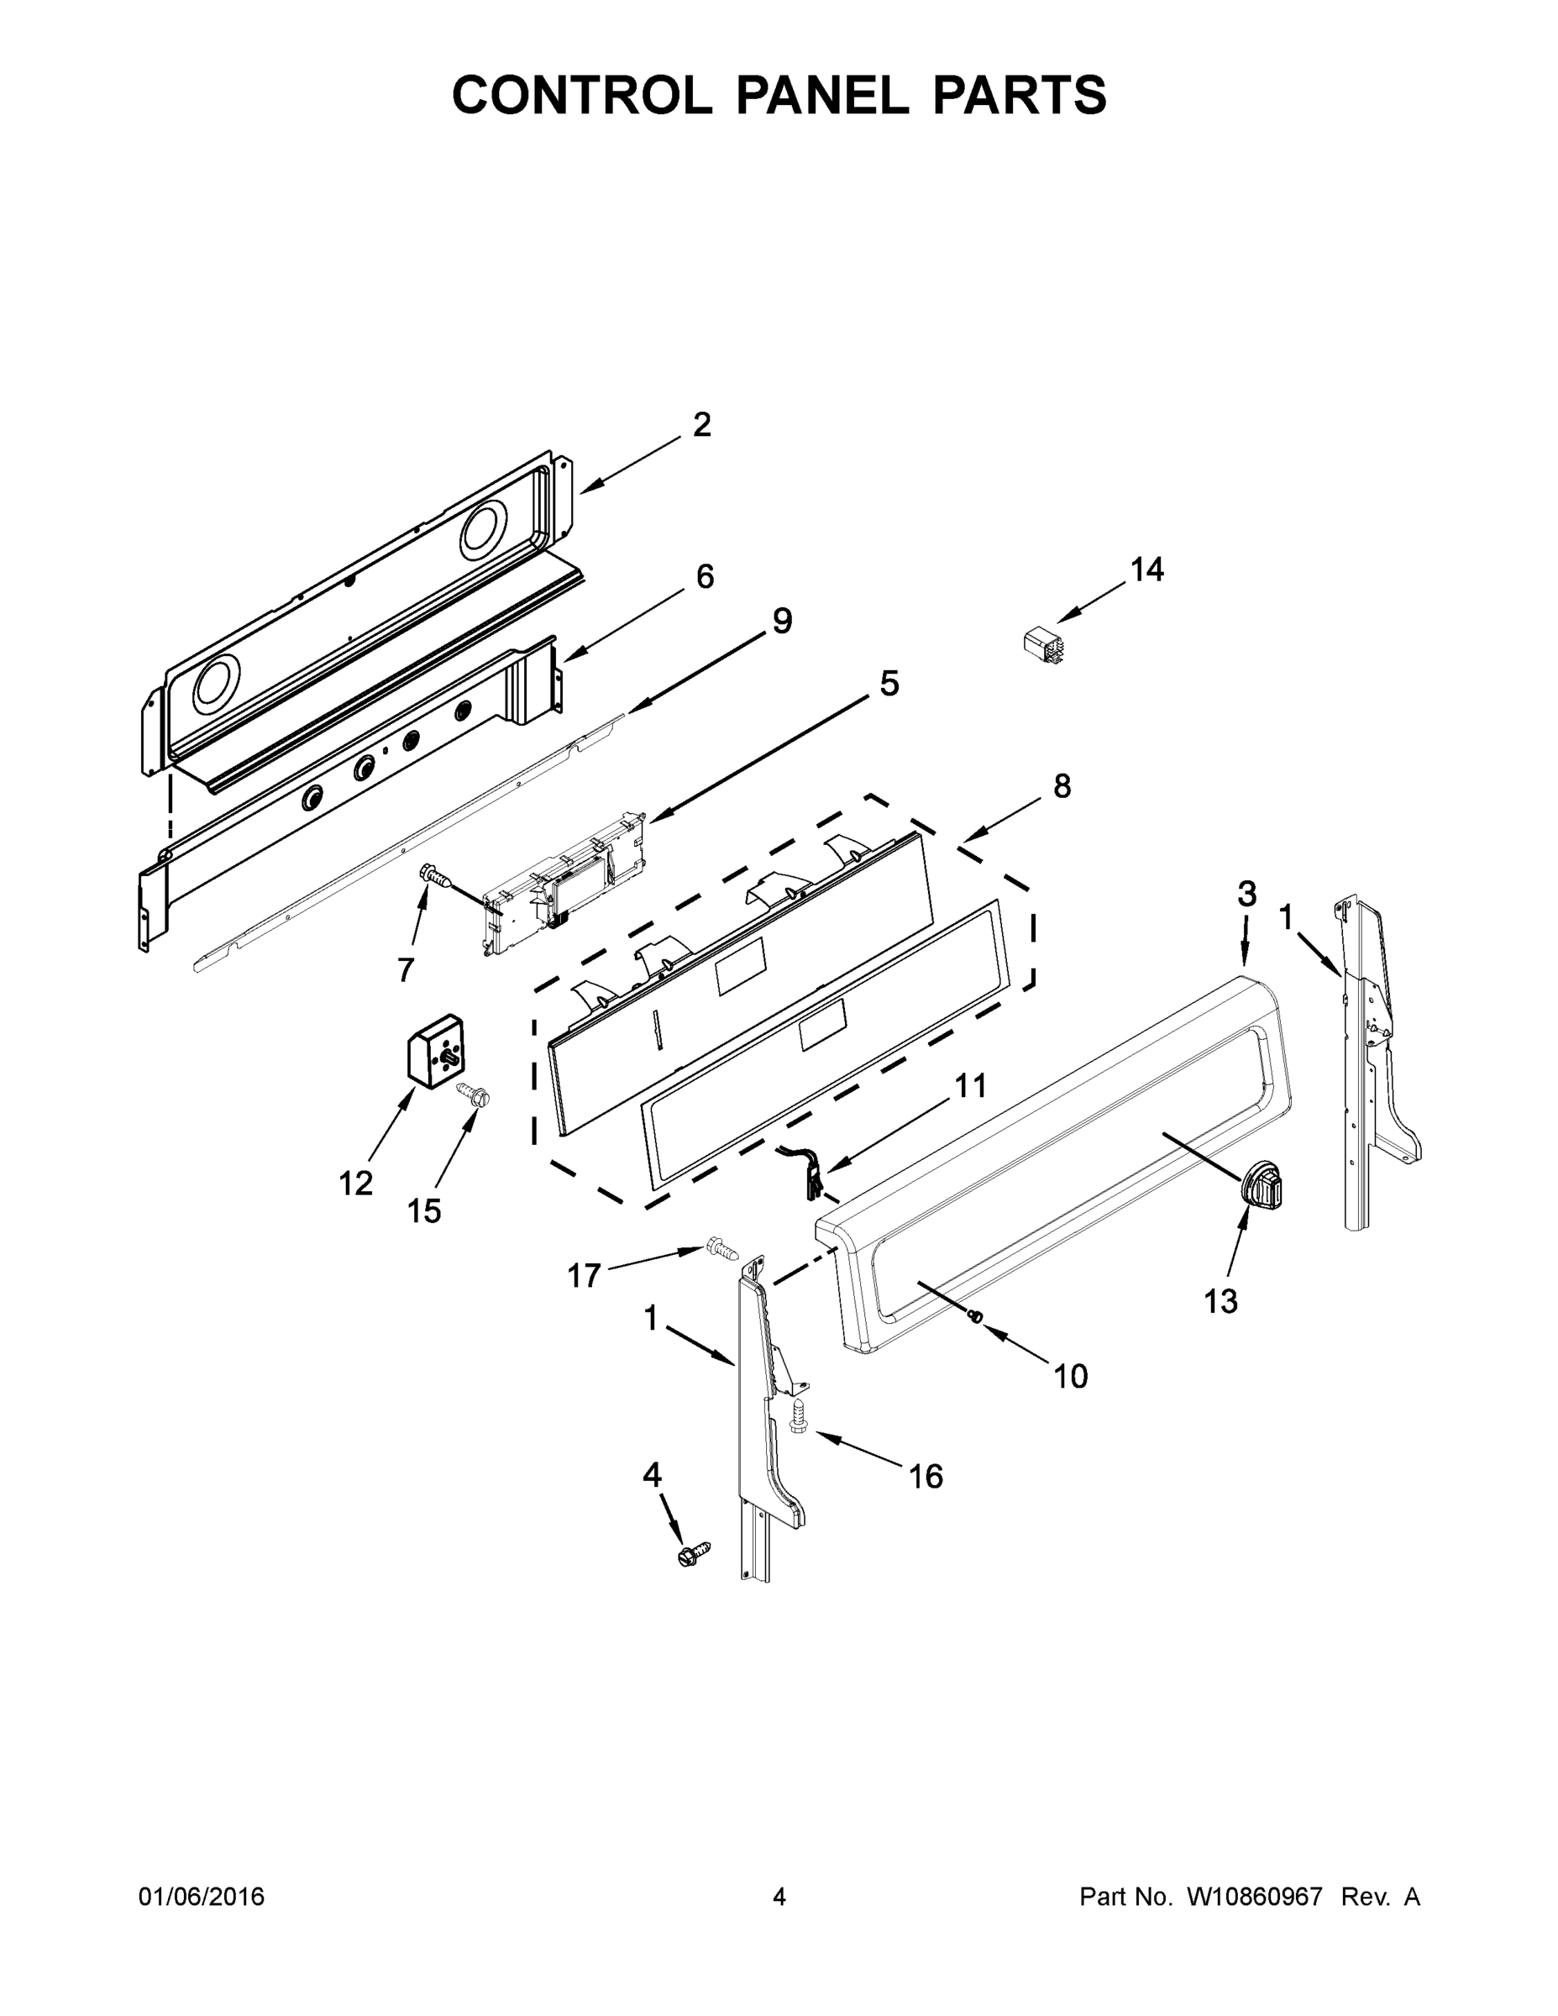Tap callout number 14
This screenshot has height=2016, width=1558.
1147,570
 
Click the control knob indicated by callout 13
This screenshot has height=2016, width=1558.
1262,1184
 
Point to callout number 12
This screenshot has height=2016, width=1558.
355,1183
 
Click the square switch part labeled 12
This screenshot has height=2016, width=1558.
436,1051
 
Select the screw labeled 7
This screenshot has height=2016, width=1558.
433,874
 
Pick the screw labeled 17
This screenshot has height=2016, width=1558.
722,1251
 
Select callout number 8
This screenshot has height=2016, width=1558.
1062,785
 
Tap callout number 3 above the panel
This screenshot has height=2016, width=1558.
1246,894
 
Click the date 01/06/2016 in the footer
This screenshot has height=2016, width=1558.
202,1896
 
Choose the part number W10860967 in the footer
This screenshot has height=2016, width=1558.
1253,1896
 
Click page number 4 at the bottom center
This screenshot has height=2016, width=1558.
779,1896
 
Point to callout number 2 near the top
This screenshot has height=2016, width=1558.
701,424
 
